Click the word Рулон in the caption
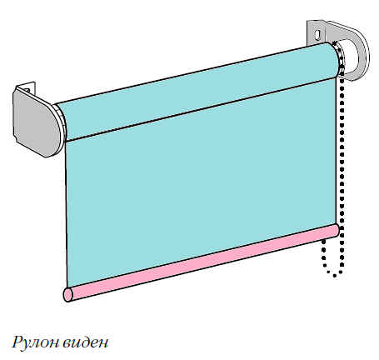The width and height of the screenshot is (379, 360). (35, 342)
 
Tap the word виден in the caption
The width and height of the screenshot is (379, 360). (85, 342)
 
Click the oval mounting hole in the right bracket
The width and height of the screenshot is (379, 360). (318, 34)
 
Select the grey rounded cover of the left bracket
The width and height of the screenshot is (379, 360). (37, 121)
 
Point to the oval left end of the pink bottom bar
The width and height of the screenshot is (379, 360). (67, 294)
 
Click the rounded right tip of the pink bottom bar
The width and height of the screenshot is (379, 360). (337, 231)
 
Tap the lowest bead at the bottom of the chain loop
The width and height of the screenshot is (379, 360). (335, 276)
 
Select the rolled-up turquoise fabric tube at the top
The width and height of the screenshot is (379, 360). (198, 92)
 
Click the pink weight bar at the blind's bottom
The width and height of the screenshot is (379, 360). (202, 262)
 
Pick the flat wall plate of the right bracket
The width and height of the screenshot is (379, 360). (316, 32)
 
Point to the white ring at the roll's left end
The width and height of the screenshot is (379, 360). (61, 122)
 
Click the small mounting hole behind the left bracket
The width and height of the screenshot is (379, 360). (27, 90)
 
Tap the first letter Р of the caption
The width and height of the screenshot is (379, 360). (17, 342)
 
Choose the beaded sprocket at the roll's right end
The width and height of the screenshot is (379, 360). (339, 59)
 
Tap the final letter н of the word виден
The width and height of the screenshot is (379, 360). (103, 344)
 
